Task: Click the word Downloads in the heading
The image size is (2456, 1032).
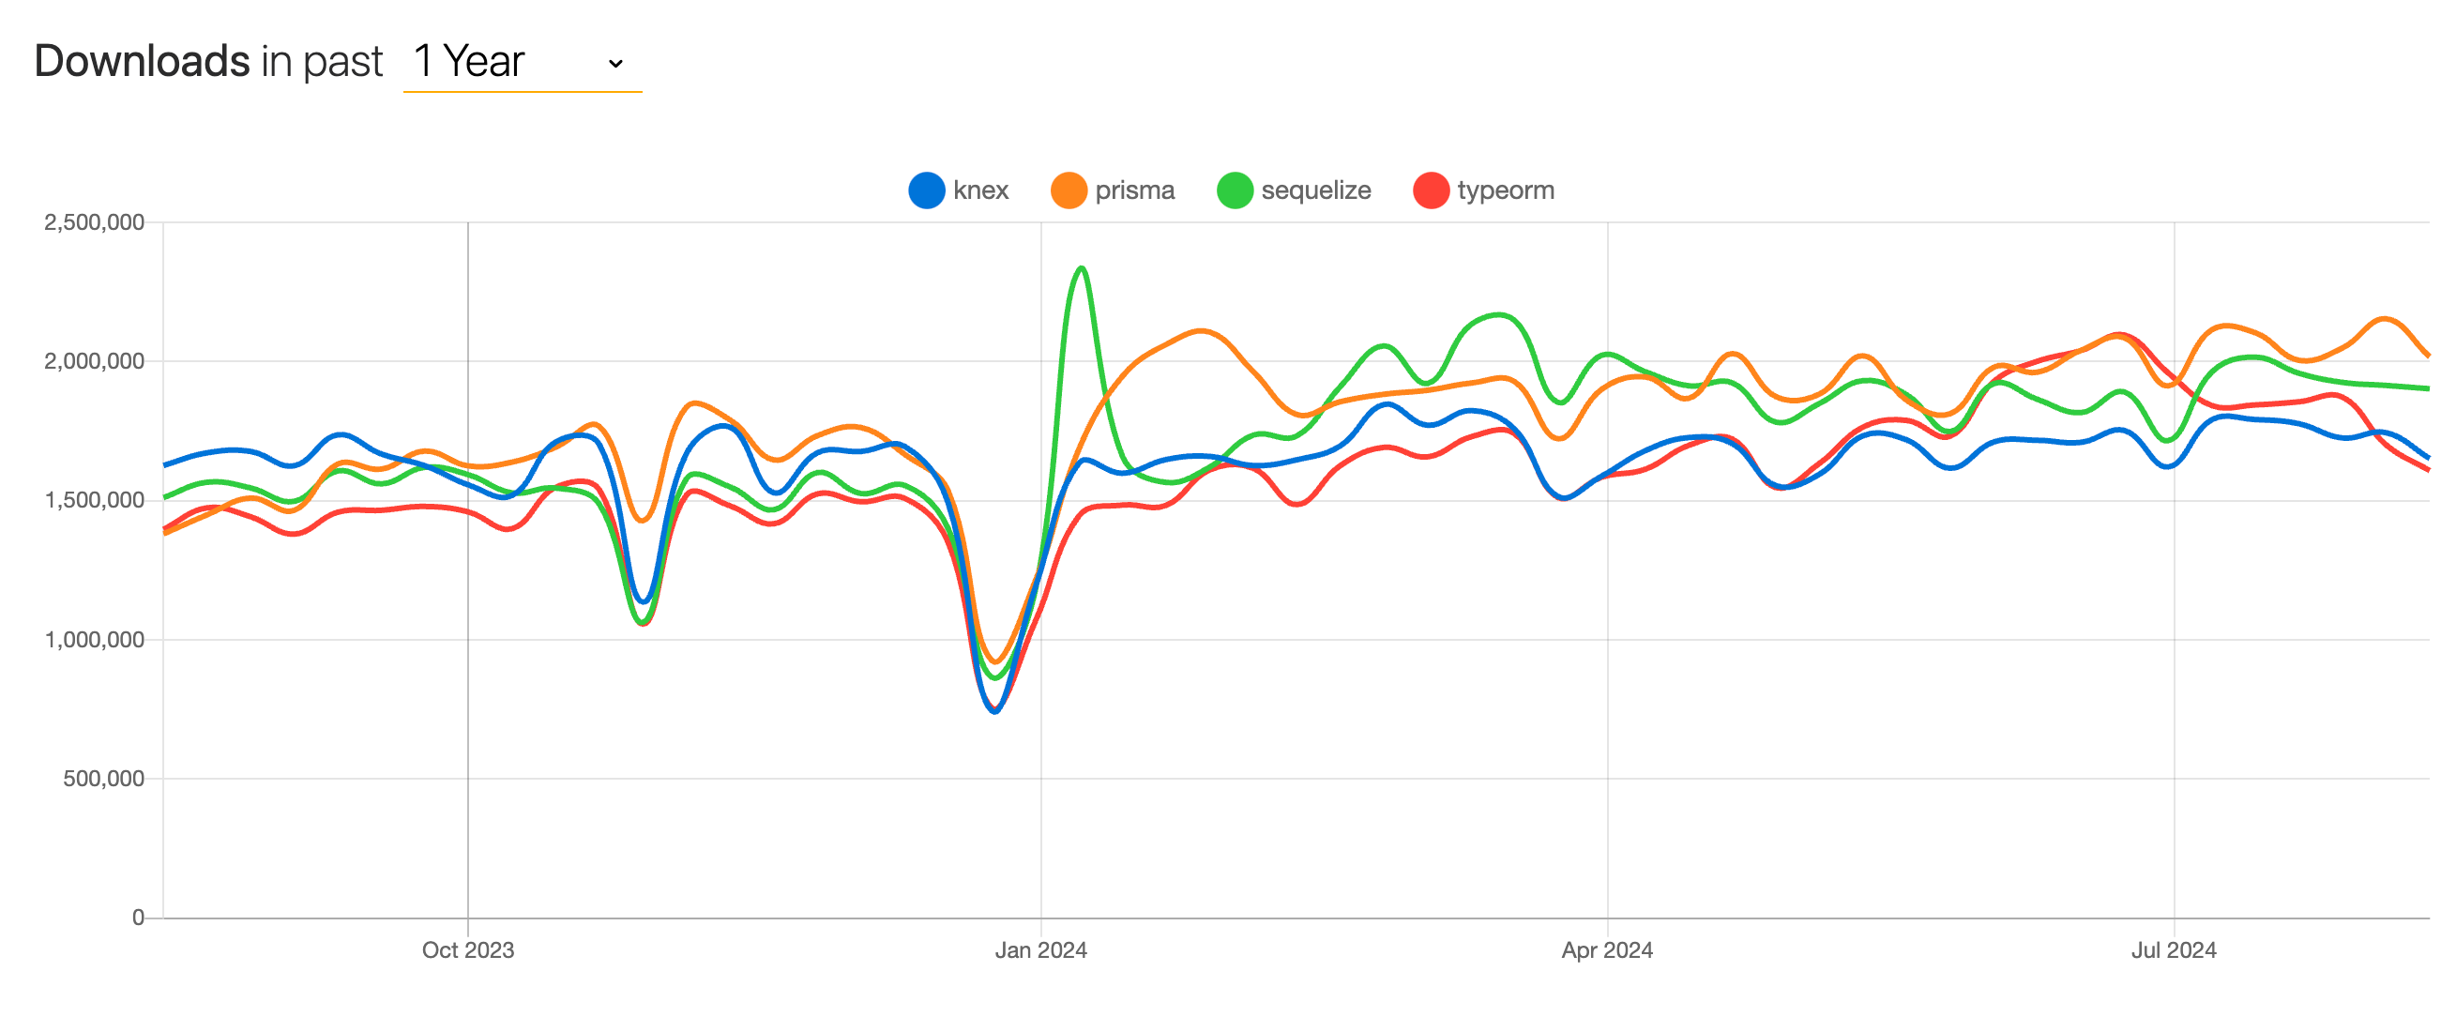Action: tap(142, 61)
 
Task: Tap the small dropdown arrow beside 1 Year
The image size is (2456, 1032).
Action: tap(616, 64)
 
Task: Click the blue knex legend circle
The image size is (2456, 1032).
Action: tap(926, 190)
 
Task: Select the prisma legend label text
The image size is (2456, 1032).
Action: tap(1133, 190)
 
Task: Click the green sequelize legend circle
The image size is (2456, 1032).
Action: tap(1234, 190)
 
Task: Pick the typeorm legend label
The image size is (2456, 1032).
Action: tap(1505, 190)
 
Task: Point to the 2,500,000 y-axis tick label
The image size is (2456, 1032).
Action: tap(94, 222)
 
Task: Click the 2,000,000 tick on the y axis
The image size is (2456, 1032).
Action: tap(94, 361)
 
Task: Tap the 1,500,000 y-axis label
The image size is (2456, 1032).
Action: tap(94, 501)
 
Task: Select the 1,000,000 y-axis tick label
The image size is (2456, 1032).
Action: tap(94, 640)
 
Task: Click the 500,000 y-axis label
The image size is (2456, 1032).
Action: tap(103, 779)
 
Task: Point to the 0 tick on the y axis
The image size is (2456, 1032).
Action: tap(138, 918)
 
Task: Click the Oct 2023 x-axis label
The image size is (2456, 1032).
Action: tap(467, 950)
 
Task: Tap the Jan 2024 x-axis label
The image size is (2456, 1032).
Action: tap(1040, 950)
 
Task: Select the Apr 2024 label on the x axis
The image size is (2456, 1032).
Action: tap(1606, 950)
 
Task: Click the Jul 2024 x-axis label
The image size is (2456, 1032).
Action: tap(2173, 950)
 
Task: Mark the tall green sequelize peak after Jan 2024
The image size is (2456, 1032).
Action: tap(1081, 268)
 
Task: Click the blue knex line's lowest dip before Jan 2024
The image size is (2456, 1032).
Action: tap(994, 711)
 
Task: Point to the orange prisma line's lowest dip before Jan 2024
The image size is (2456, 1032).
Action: tap(995, 662)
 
